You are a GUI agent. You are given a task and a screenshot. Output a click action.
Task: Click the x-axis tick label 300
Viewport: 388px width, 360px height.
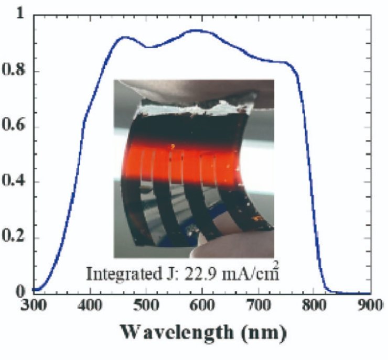tap(35, 305)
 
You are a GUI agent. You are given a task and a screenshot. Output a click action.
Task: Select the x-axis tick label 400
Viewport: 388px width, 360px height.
tap(90, 305)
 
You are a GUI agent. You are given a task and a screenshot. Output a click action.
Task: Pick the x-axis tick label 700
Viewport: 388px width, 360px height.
tap(258, 305)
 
